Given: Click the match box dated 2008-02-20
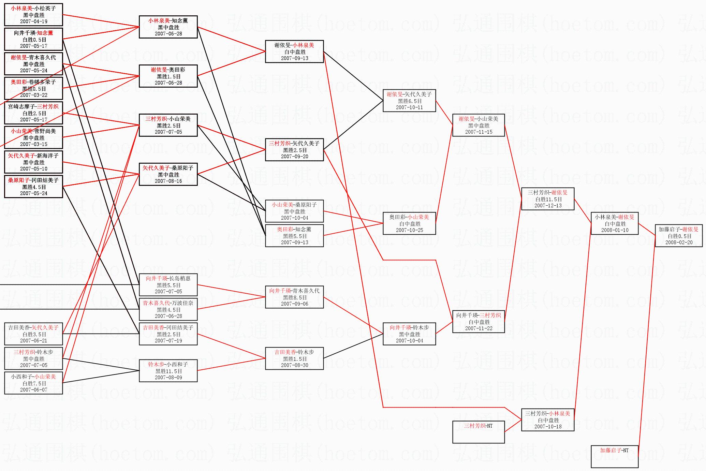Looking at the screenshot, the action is click(678, 236).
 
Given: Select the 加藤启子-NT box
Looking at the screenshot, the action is click(614, 456).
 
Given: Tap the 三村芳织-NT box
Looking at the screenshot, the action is click(478, 432).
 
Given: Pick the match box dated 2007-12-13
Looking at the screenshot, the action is click(548, 199).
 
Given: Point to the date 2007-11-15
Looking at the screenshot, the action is click(479, 132).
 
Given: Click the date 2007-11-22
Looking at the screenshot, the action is click(479, 328).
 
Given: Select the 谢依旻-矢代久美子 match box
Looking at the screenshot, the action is click(409, 101).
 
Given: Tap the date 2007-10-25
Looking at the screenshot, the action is click(409, 230).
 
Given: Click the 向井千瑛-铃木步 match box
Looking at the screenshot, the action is click(409, 334).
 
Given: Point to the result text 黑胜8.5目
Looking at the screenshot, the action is click(295, 297).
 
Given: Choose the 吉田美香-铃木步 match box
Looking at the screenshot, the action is click(294, 358).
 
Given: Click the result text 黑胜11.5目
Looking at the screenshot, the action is click(168, 371).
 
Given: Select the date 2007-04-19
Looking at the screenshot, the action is click(34, 21).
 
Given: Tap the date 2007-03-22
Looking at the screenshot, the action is click(34, 95).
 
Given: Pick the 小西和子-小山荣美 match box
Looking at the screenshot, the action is click(33, 383).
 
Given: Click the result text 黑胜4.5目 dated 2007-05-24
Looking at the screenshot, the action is click(34, 187).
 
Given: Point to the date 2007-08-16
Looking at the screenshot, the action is click(168, 181).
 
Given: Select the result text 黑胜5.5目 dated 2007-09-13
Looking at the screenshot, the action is click(295, 236).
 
